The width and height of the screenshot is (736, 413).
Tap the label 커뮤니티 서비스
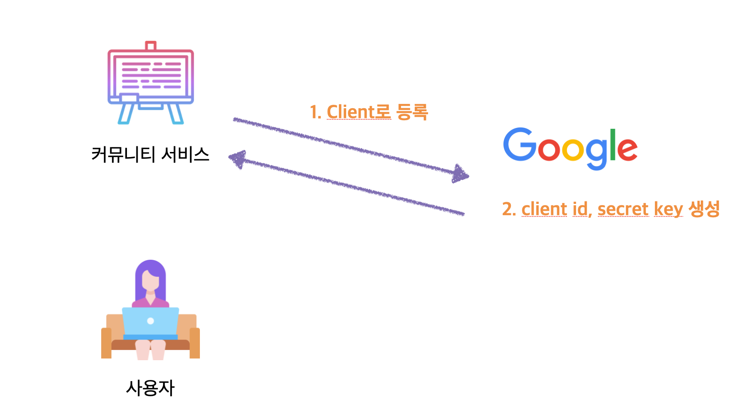click(150, 155)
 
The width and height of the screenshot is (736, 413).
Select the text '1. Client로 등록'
click(368, 112)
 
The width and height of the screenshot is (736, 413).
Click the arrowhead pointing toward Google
click(461, 174)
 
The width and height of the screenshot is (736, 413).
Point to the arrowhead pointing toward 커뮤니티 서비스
click(237, 159)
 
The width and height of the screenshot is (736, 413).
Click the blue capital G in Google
click(519, 144)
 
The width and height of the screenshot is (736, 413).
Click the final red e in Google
click(627, 149)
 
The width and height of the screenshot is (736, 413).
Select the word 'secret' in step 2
click(623, 210)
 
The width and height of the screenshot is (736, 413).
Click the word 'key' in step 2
click(668, 210)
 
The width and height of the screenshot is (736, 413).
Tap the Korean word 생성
click(704, 209)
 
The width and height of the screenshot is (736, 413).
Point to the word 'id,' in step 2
click(582, 210)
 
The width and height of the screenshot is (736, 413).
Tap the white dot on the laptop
click(151, 321)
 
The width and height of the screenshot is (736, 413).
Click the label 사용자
click(150, 388)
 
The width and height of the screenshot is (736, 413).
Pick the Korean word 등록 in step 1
click(412, 112)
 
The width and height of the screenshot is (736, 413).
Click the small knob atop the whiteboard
click(151, 46)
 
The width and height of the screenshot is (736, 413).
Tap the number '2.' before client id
click(509, 210)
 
